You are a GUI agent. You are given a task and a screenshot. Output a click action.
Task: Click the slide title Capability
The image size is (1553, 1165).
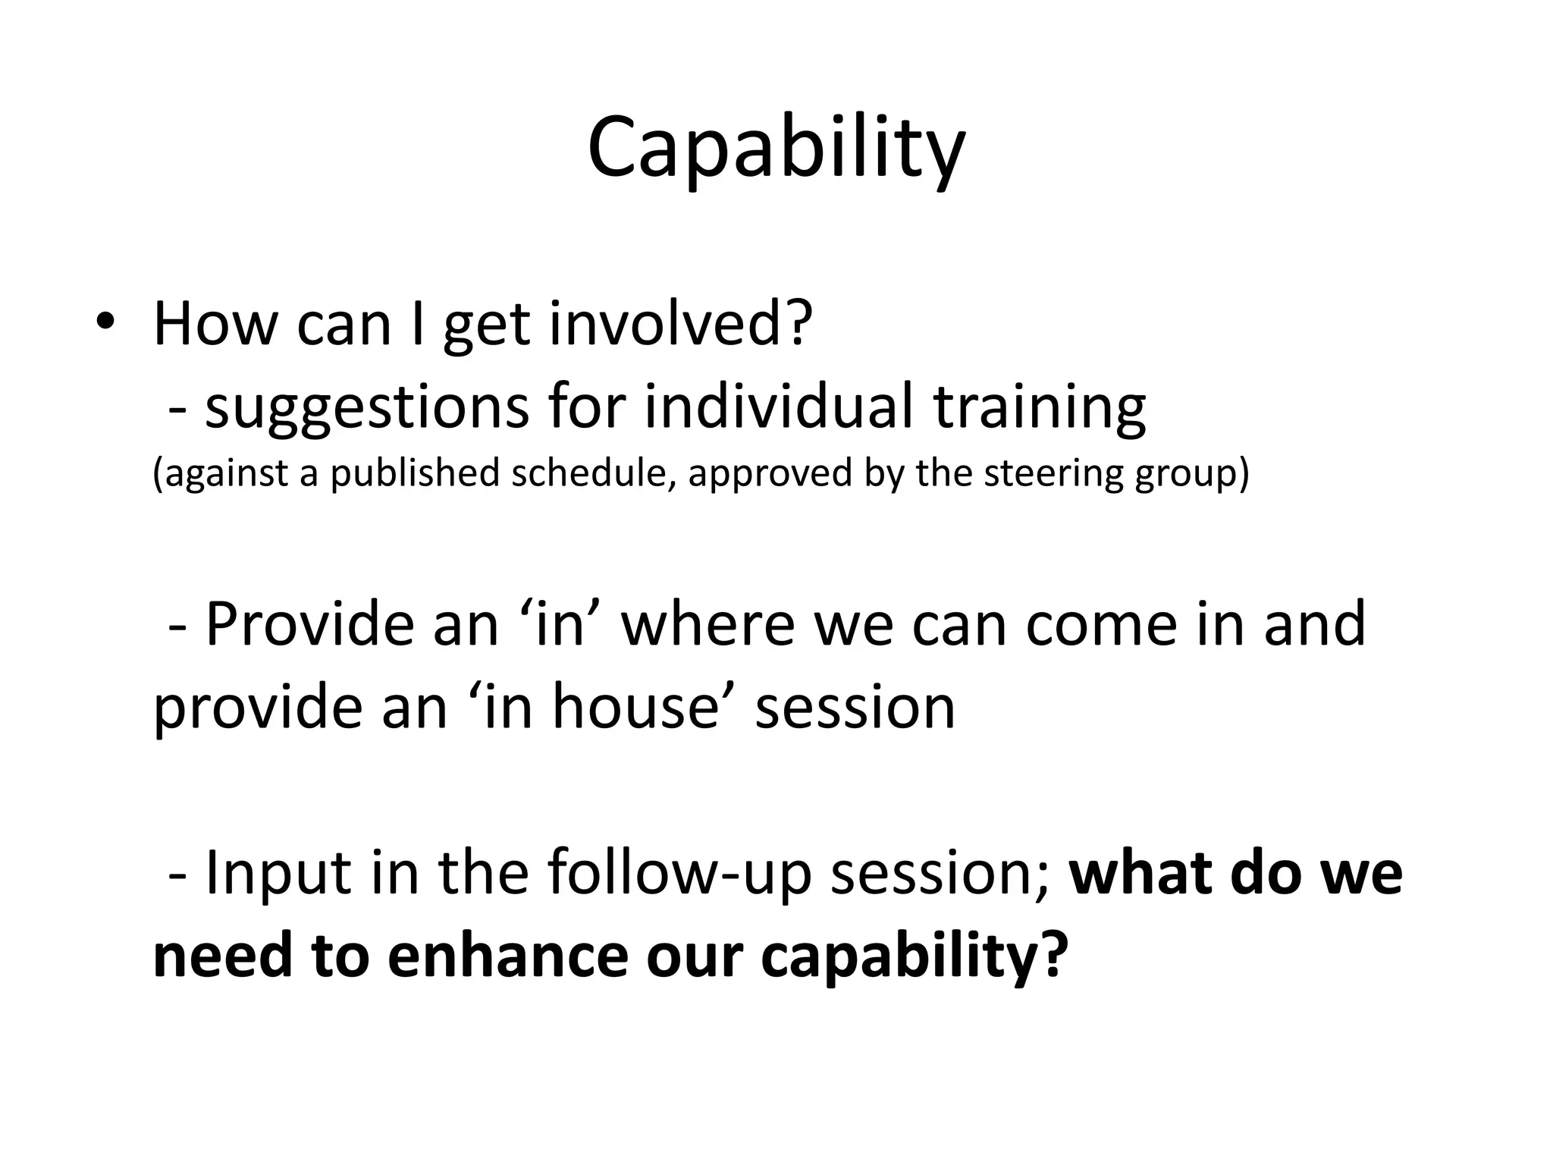[x=776, y=148]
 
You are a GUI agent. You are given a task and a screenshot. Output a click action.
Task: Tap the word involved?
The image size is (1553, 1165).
[x=680, y=324]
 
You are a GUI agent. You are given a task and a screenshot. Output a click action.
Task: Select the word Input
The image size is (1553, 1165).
[x=278, y=874]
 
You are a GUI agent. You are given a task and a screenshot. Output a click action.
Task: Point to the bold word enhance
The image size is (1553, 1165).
[x=507, y=956]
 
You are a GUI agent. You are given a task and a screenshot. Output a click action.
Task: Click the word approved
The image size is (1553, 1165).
[x=769, y=474]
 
